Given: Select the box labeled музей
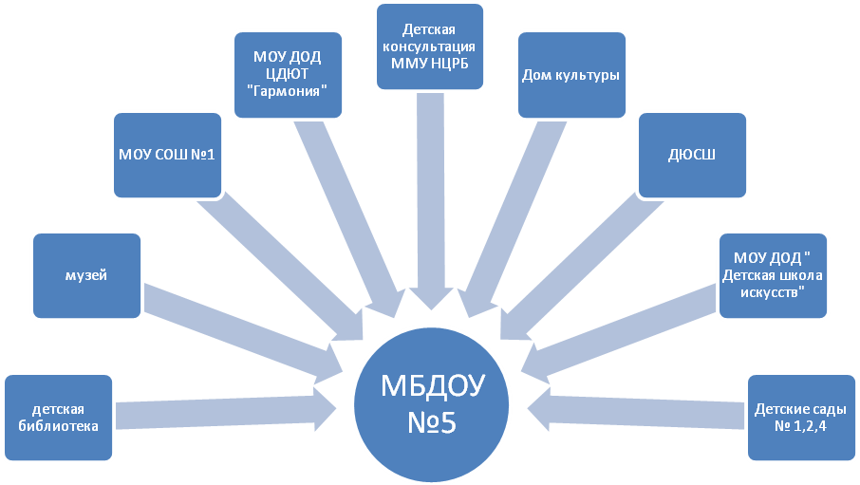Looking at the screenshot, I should [x=87, y=276].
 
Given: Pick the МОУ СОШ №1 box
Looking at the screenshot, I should [x=168, y=154].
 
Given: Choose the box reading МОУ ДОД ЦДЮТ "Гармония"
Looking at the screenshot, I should [x=289, y=74].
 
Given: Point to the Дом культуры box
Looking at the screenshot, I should [x=570, y=76].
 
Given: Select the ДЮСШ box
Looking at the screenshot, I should [x=691, y=155].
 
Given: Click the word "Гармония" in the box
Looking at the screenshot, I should [x=289, y=90].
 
